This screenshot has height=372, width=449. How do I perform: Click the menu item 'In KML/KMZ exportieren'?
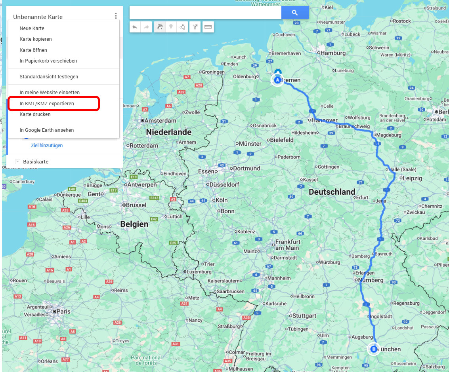point(47,104)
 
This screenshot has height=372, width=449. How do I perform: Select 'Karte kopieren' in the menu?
point(36,39)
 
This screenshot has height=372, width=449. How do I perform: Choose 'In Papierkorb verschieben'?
point(48,61)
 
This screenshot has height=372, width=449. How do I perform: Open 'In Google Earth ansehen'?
point(47,130)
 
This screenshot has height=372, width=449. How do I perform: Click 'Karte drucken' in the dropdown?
point(35,114)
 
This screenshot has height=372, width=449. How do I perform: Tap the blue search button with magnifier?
point(295,13)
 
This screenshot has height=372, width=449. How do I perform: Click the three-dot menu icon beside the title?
point(116,16)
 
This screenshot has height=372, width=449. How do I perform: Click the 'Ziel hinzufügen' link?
point(47,146)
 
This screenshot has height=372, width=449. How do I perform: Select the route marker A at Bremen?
point(277,80)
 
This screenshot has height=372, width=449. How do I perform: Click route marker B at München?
point(373,349)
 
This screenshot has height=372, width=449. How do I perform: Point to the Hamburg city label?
point(333,53)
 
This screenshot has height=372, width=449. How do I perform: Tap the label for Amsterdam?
point(160,121)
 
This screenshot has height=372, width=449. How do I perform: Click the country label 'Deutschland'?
point(332,192)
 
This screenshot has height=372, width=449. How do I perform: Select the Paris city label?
point(63,311)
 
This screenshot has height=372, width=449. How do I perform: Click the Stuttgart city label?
point(304,316)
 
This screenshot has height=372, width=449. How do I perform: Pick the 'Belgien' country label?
point(134,224)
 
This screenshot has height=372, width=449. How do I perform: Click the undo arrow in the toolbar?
point(135,27)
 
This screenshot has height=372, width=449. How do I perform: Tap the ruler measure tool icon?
point(208,27)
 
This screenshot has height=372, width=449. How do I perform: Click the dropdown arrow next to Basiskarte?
point(17,161)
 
